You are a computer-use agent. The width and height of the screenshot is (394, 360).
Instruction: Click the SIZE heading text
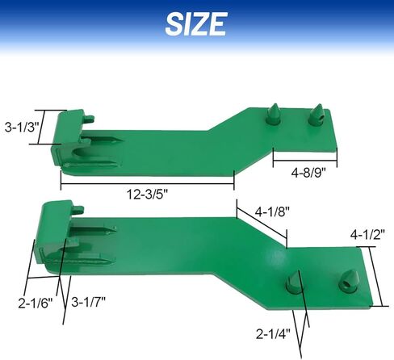195,23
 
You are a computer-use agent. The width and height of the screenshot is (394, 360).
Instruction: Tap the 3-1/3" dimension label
21,128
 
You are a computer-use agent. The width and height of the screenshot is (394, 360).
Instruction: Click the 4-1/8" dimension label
272,213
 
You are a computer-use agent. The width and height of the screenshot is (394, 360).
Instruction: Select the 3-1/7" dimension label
90,303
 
